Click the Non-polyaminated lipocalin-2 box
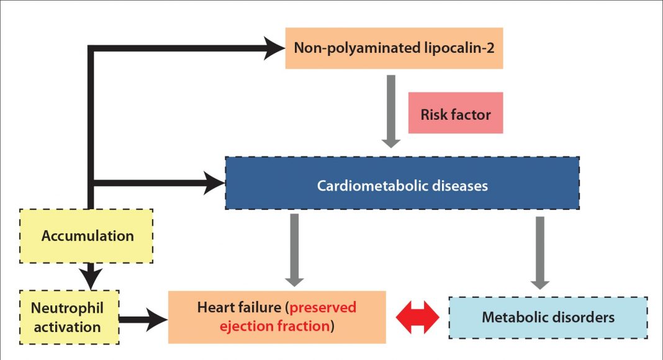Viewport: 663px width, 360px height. pyautogui.click(x=394, y=48)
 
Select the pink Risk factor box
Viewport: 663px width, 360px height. pyautogui.click(x=455, y=114)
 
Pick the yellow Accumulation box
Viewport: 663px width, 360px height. pyautogui.click(x=87, y=236)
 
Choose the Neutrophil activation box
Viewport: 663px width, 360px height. pyautogui.click(x=67, y=317)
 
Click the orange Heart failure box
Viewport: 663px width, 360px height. pyautogui.click(x=277, y=317)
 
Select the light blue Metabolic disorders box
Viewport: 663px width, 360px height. pyautogui.click(x=548, y=317)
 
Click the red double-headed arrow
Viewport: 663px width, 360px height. pyautogui.click(x=417, y=317)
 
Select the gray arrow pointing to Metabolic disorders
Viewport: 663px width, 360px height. pyautogui.click(x=540, y=251)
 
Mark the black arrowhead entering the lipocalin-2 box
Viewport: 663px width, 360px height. pyautogui.click(x=274, y=48)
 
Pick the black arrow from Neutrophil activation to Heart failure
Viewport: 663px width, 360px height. pyautogui.click(x=143, y=320)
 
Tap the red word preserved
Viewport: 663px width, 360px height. pyautogui.click(x=323, y=308)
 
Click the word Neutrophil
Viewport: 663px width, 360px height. pyautogui.click(x=67, y=308)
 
